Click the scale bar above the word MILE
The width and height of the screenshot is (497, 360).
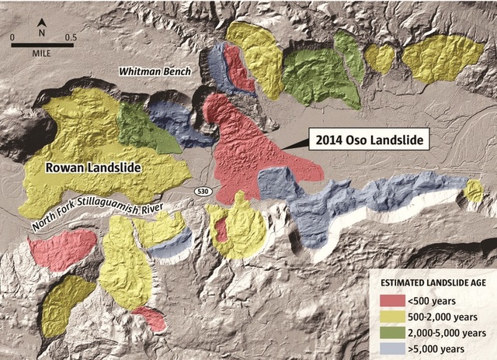pyautogui.click(x=43, y=46)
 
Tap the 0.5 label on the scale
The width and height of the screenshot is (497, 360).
pyautogui.click(x=70, y=36)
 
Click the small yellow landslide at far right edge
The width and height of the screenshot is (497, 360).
pyautogui.click(x=473, y=191)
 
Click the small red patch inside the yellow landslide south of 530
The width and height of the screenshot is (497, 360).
pyautogui.click(x=221, y=230)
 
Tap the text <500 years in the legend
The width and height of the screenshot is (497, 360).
pyautogui.click(x=422, y=300)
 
